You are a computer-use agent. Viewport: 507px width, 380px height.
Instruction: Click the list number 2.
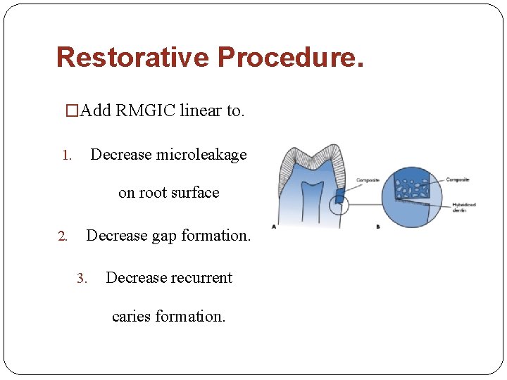pyautogui.click(x=63, y=236)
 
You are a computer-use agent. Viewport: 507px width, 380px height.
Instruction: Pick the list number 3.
pyautogui.click(x=82, y=279)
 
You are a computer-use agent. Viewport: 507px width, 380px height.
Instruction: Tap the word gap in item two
pyautogui.click(x=163, y=236)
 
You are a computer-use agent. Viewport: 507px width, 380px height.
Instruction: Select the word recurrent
pyautogui.click(x=199, y=278)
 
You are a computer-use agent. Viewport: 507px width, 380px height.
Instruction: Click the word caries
pyautogui.click(x=134, y=317)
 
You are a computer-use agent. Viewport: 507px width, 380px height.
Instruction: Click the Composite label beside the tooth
pyautogui.click(x=368, y=180)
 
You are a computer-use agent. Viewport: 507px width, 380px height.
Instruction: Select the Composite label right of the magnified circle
pyautogui.click(x=458, y=179)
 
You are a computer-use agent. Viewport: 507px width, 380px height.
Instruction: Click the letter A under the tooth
pyautogui.click(x=274, y=227)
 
